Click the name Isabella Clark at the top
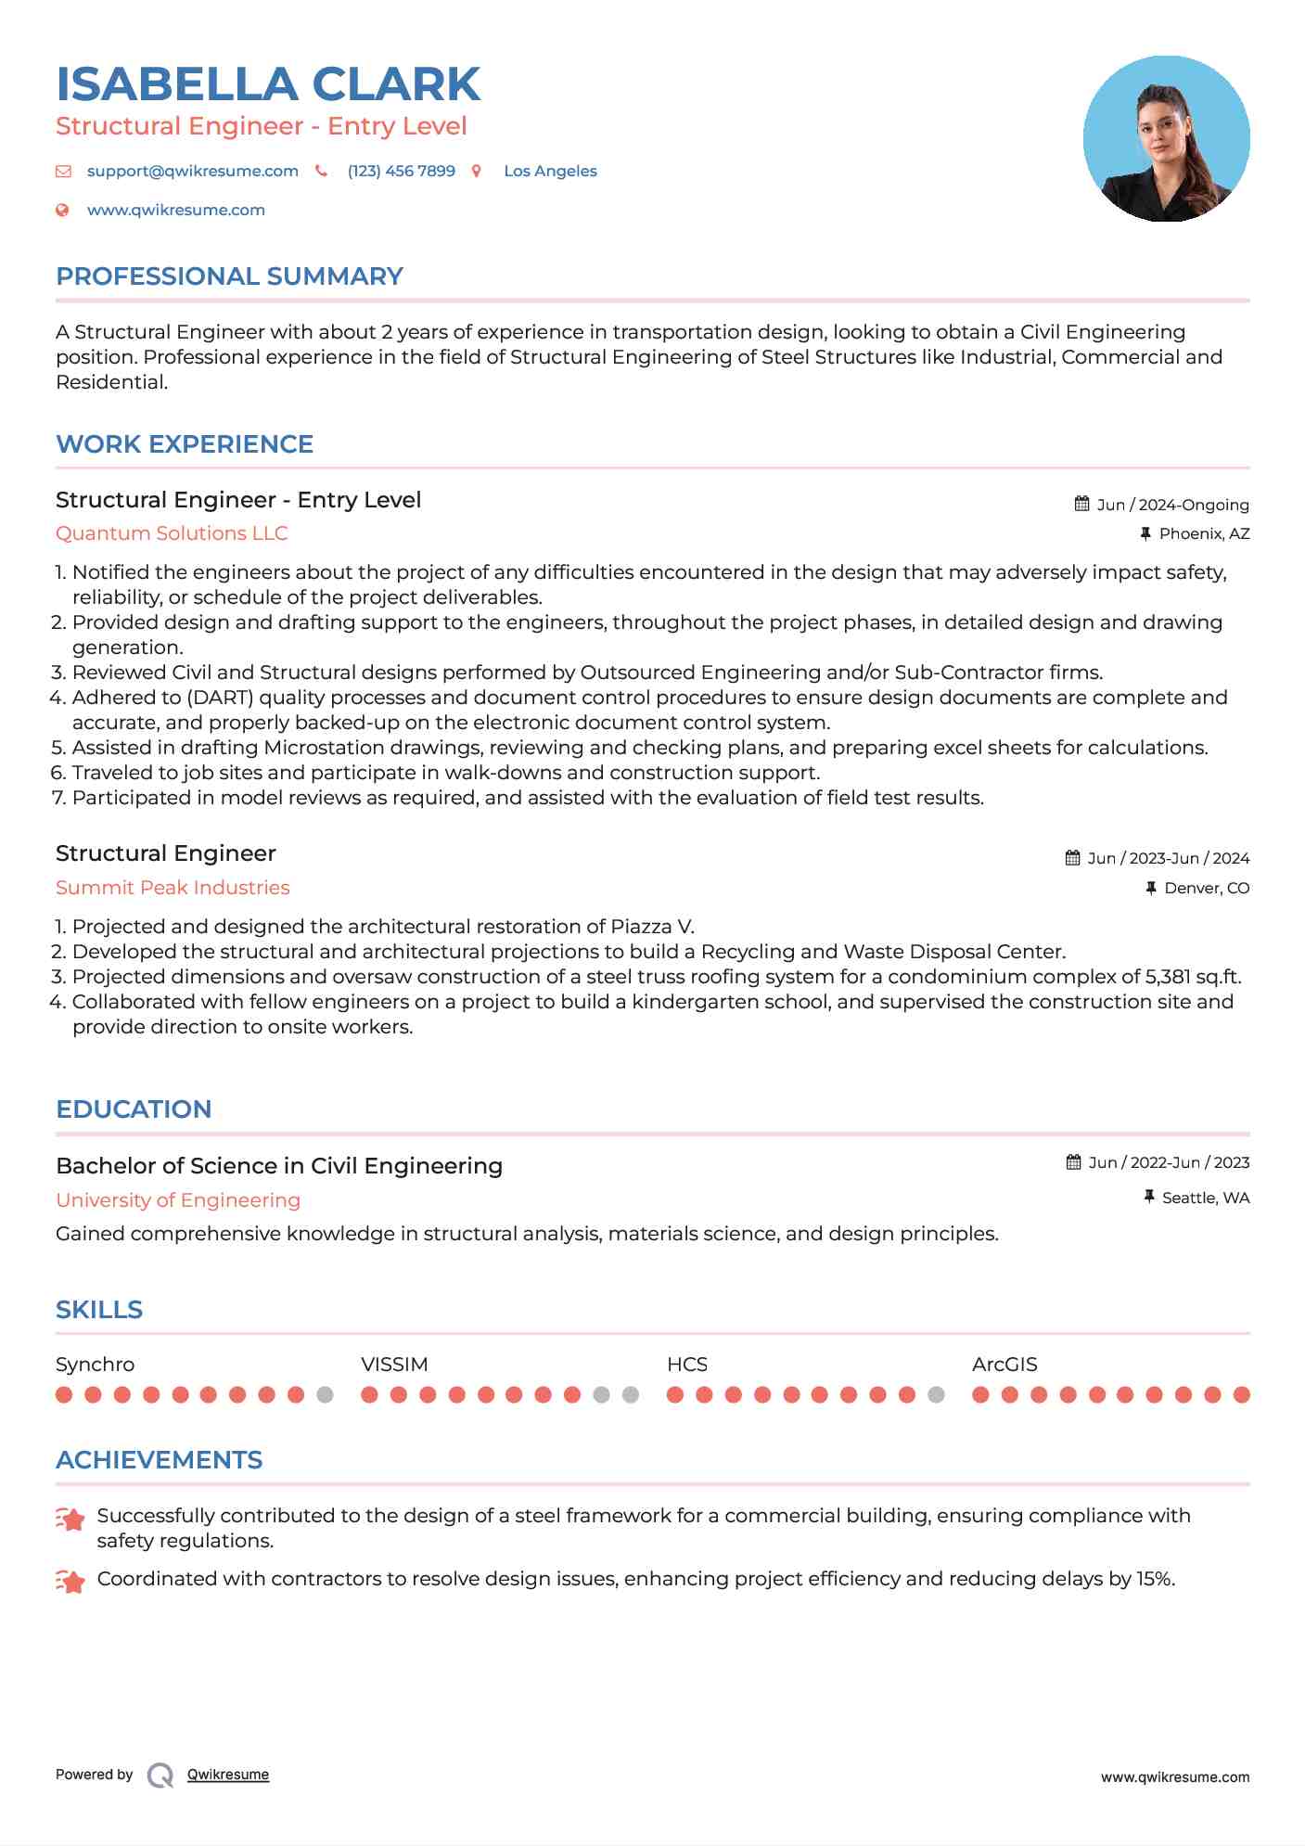268,84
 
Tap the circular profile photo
1166,139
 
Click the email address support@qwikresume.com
192,171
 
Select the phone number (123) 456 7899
401,171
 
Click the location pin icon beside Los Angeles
477,171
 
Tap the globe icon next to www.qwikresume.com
62,210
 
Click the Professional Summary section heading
229,276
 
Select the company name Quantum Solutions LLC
172,533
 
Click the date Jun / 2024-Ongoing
1172,505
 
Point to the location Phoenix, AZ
1204,533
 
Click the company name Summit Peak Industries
173,888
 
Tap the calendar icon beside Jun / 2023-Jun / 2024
1073,858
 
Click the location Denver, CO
1207,888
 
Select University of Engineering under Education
178,1200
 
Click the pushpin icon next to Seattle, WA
1149,1198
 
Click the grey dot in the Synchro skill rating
325,1394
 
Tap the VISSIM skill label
394,1365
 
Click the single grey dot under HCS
936,1394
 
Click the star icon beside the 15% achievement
70,1580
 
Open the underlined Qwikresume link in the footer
228,1775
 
